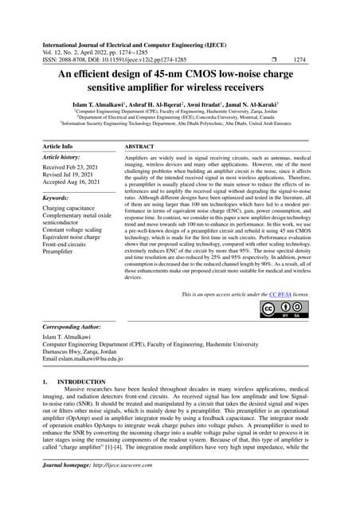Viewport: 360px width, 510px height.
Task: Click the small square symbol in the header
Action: point(272,59)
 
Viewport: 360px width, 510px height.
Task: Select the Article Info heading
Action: point(57,147)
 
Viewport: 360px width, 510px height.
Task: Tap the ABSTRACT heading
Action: point(140,147)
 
